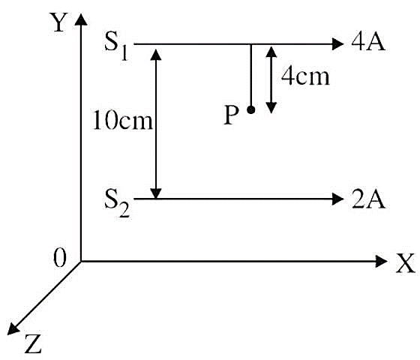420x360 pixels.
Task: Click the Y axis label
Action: [x=59, y=22]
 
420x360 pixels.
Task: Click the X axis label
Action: [x=406, y=263]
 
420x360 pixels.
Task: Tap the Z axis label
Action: [x=33, y=343]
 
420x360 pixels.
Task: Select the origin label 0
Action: [x=59, y=257]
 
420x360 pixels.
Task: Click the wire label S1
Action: [x=116, y=48]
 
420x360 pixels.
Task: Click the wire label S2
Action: [x=117, y=202]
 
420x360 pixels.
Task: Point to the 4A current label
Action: [x=368, y=42]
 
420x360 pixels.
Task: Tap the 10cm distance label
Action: [x=123, y=120]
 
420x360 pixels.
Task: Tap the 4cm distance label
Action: [x=305, y=77]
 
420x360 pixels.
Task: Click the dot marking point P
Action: [x=251, y=109]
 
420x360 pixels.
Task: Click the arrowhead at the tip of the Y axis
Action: [x=81, y=19]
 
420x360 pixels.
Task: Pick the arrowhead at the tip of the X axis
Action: [x=381, y=261]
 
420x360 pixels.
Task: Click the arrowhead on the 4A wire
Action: [x=337, y=43]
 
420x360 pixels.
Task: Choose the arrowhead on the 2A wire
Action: [x=337, y=199]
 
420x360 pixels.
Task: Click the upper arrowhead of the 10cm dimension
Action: [x=156, y=54]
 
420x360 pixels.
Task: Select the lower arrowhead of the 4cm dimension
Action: [x=271, y=108]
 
